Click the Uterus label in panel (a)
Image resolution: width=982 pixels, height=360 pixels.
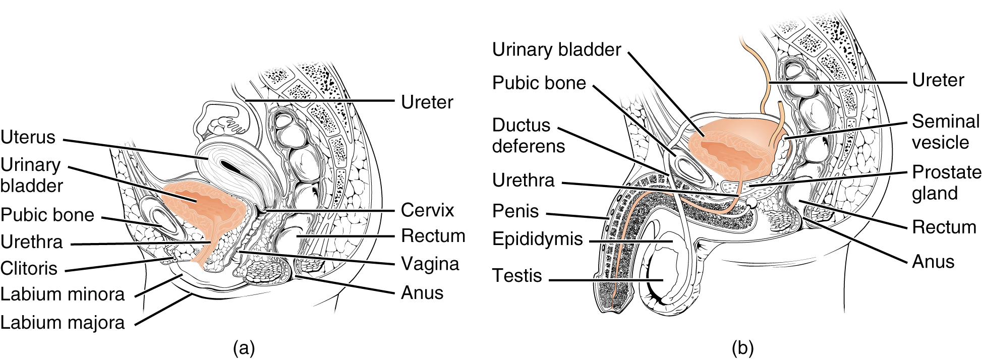tap(28, 137)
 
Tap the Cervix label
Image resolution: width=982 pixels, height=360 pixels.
tap(427, 210)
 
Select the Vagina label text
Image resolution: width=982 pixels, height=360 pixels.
tap(430, 264)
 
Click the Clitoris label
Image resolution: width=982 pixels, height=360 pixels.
tap(29, 268)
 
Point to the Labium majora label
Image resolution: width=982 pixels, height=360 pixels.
tap(62, 322)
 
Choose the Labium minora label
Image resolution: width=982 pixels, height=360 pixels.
tap(62, 294)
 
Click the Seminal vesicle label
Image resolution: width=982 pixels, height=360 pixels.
tap(945, 132)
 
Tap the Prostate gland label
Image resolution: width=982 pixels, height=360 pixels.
tap(946, 183)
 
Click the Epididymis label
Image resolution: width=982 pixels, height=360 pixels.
tap(537, 239)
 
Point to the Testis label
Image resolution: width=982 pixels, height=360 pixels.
tap(516, 276)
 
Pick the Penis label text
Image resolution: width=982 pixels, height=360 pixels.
tap(515, 211)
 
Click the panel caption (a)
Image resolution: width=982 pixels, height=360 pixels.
tap(244, 348)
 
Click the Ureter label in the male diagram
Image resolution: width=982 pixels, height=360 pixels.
tap(938, 80)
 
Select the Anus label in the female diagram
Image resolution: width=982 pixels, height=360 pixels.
tap(422, 293)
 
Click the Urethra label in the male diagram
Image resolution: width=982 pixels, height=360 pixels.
tap(523, 181)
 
